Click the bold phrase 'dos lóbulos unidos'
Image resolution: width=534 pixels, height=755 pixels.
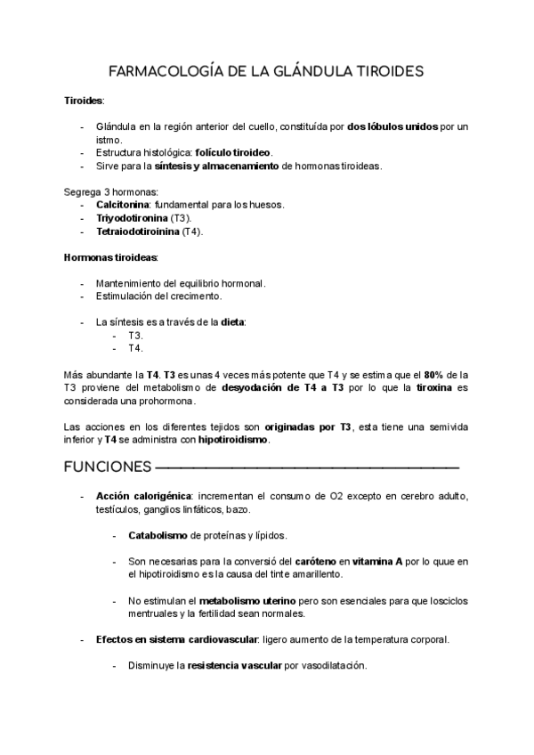pyautogui.click(x=392, y=126)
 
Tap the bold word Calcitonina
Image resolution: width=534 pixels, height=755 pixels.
pyautogui.click(x=122, y=205)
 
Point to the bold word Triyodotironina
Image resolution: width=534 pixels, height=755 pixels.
pyautogui.click(x=132, y=218)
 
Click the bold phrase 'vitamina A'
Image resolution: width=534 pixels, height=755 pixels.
pyautogui.click(x=378, y=562)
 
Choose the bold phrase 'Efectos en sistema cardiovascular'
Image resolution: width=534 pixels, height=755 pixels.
pyautogui.click(x=177, y=640)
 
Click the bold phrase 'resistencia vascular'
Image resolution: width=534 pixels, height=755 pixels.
pyautogui.click(x=234, y=666)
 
